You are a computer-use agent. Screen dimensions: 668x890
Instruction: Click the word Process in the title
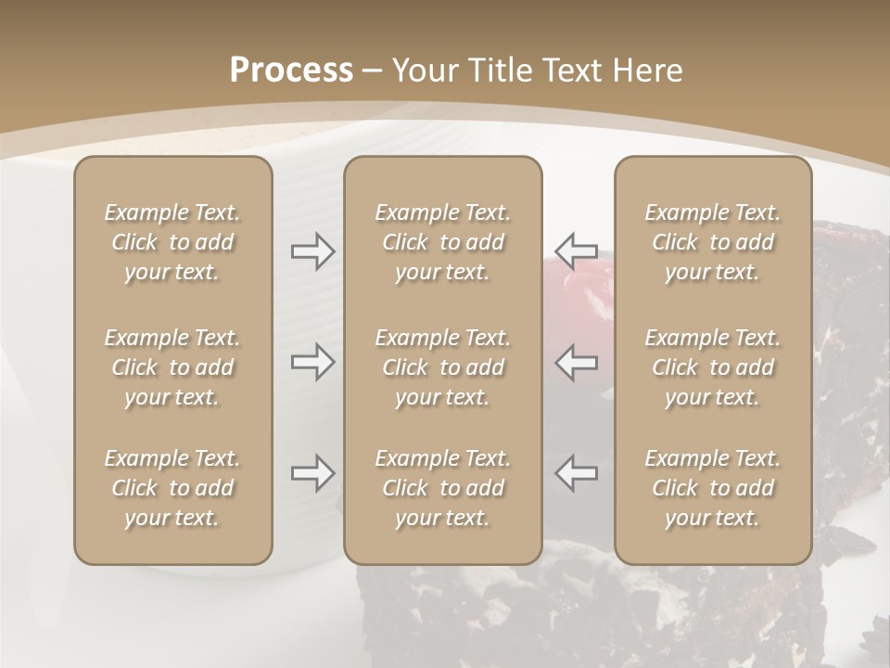click(x=291, y=71)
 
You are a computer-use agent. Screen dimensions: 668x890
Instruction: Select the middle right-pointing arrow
click(x=312, y=362)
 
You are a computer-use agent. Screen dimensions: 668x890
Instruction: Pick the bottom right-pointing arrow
click(x=312, y=473)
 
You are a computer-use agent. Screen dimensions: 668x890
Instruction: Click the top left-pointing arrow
click(x=577, y=250)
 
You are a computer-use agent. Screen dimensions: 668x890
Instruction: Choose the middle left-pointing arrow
click(x=577, y=362)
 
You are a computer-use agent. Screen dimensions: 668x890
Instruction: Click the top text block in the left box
click(x=172, y=242)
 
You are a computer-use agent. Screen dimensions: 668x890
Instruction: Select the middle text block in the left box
click(x=172, y=367)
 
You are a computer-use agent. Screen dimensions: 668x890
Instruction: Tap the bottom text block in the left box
click(x=172, y=488)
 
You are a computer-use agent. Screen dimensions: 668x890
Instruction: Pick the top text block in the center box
click(x=443, y=242)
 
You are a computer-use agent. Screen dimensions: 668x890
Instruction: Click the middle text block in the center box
click(x=443, y=367)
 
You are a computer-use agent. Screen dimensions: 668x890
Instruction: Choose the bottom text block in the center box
click(x=443, y=488)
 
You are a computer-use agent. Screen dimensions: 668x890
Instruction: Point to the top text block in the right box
click(x=713, y=242)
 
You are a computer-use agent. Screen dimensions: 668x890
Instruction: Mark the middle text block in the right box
click(x=713, y=367)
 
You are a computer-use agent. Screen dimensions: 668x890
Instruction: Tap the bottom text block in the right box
click(x=713, y=488)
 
